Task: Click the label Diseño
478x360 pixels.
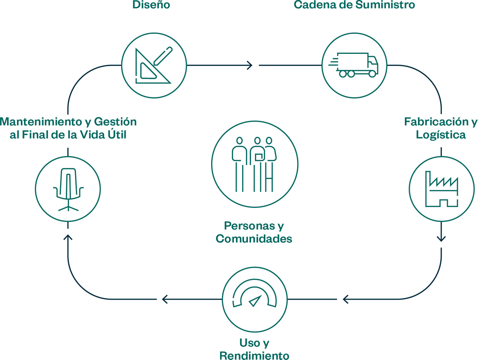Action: click(x=151, y=5)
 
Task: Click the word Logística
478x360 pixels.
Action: click(x=440, y=135)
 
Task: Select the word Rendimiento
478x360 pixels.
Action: click(x=254, y=355)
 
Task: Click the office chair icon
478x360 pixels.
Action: click(x=68, y=189)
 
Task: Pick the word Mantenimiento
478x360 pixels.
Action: click(x=40, y=122)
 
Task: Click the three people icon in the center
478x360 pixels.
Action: click(x=254, y=164)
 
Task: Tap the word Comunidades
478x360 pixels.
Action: click(x=254, y=239)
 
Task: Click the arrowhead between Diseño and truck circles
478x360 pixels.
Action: click(x=249, y=65)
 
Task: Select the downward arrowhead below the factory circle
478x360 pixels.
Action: click(x=441, y=238)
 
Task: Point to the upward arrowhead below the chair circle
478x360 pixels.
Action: click(x=68, y=237)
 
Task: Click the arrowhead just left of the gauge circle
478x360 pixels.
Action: click(x=165, y=299)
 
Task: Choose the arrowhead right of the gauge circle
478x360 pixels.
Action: click(x=346, y=299)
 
